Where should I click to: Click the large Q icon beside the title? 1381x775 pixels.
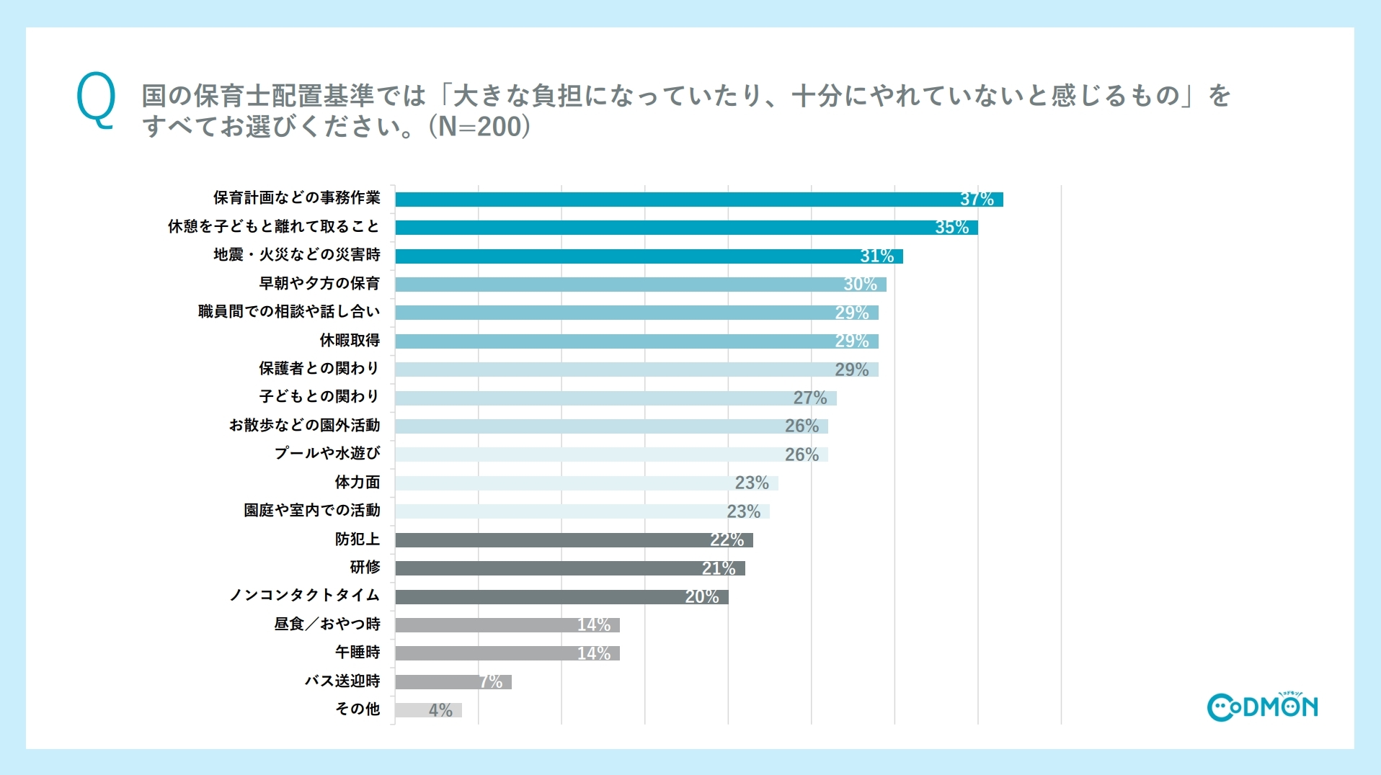coord(96,101)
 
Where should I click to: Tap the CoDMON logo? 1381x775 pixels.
coord(1262,707)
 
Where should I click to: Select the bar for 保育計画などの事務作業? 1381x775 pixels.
coord(698,200)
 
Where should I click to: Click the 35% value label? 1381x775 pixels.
coord(951,228)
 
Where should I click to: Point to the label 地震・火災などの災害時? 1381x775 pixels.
coord(296,255)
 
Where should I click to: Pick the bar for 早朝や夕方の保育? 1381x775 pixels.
coord(640,285)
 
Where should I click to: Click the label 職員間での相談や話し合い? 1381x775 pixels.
coord(288,312)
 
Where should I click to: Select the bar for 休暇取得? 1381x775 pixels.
coord(636,341)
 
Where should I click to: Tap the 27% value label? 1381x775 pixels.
coord(810,398)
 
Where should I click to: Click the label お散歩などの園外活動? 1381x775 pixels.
coord(304,426)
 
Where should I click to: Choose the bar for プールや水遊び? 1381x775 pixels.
coord(610,454)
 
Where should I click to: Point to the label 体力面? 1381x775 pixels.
coord(357,483)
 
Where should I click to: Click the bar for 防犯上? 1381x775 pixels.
coord(573,540)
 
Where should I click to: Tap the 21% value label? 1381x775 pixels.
coord(719,569)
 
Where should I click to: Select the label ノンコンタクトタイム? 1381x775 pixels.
coord(304,596)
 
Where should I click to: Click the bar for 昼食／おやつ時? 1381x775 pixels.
coord(507,625)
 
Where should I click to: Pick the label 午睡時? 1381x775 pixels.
coord(357,653)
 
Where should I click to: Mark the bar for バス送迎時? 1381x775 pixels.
coord(453,682)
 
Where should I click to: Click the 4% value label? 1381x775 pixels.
coord(440,711)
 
